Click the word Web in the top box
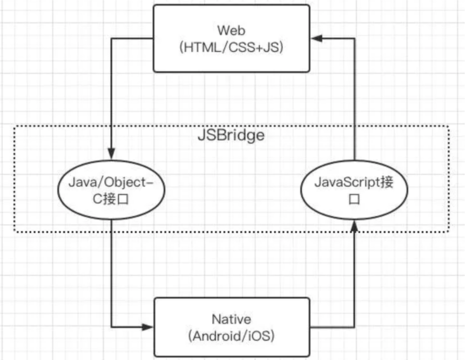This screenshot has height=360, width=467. click(x=232, y=29)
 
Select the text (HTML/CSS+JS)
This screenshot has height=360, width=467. click(x=232, y=48)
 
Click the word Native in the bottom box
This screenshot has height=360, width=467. click(x=232, y=319)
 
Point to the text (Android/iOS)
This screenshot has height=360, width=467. click(x=232, y=337)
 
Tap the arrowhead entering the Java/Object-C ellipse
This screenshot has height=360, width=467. click(x=111, y=154)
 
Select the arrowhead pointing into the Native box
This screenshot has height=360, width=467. click(x=148, y=326)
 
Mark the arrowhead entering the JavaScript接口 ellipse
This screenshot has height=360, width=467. click(x=354, y=226)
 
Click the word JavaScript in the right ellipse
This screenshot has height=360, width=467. click(x=343, y=182)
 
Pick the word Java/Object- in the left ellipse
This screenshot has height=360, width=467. click(x=111, y=182)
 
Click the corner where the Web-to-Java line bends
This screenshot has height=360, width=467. click(x=111, y=39)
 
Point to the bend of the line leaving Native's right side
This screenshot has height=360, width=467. click(x=354, y=326)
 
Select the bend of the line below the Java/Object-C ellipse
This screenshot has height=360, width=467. click(x=111, y=326)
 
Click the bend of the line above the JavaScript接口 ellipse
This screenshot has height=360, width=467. click(x=354, y=39)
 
